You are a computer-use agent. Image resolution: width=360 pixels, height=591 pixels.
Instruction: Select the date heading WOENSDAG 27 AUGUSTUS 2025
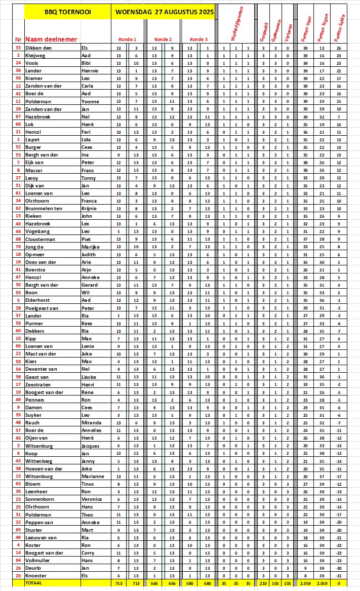pos(164,11)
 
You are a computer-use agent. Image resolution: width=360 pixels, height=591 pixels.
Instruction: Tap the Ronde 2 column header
pos(163,39)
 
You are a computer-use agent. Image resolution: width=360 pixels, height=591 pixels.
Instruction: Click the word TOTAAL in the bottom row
pos(34,583)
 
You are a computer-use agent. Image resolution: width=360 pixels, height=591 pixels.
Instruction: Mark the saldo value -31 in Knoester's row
pos(339,576)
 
